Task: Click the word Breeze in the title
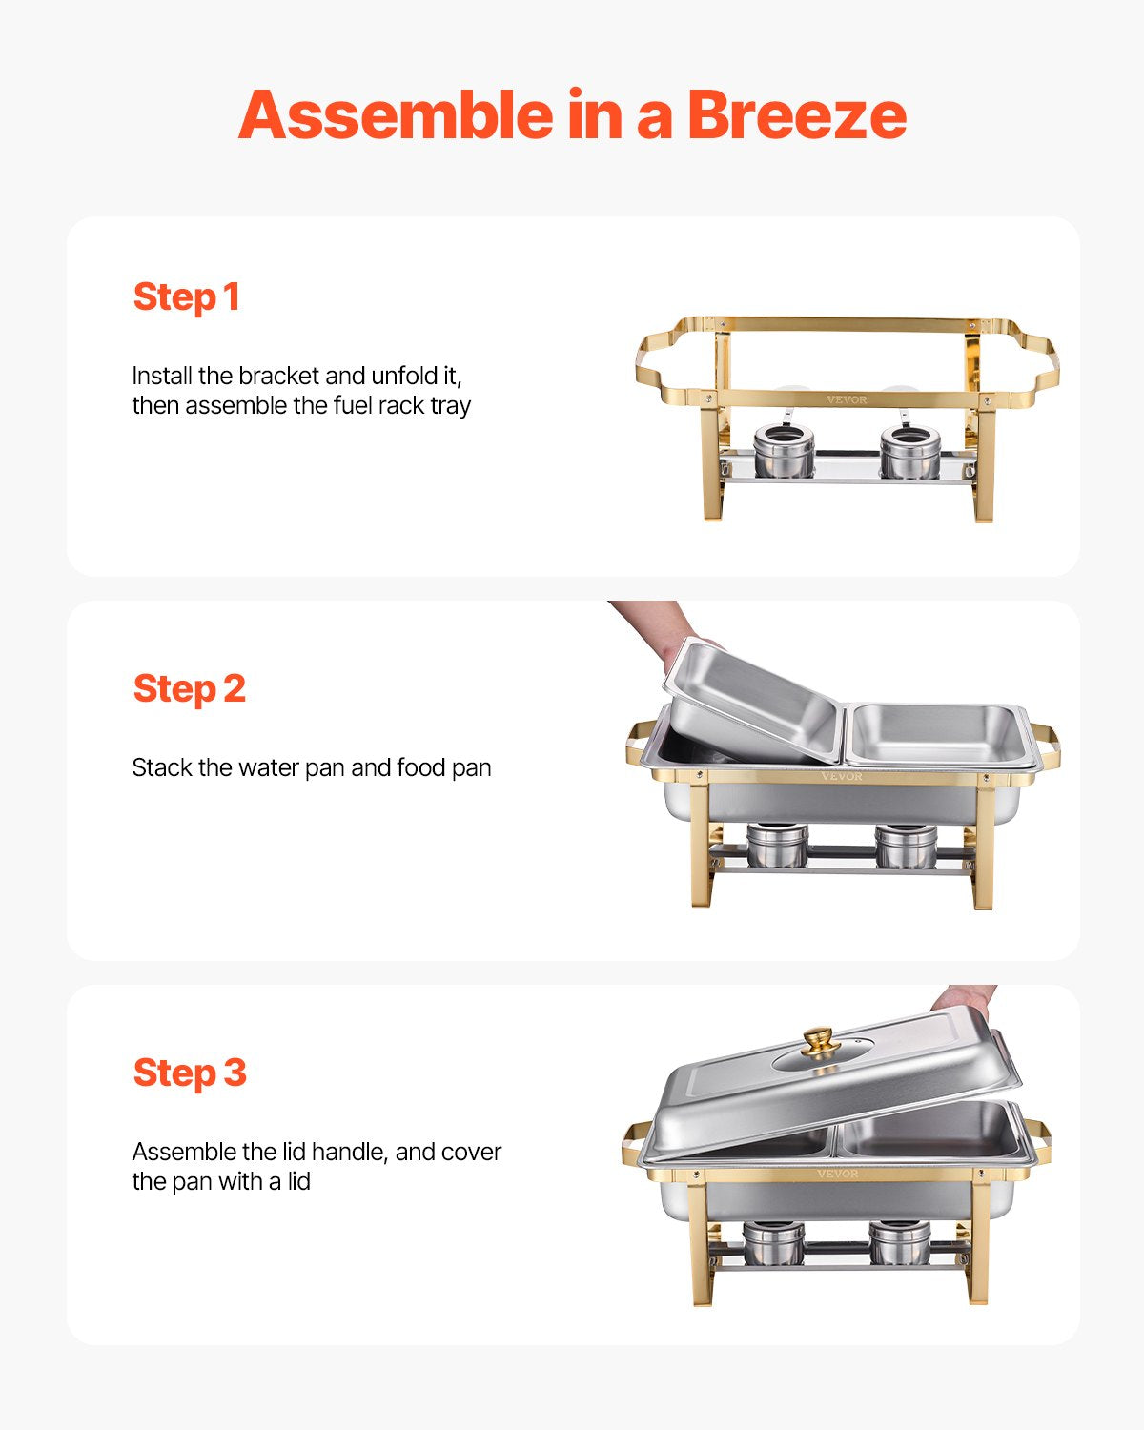(x=796, y=115)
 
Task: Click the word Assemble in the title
(x=396, y=115)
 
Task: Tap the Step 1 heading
(x=186, y=296)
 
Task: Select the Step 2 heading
(x=189, y=688)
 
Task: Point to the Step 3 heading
(x=189, y=1072)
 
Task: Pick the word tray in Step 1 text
(x=450, y=406)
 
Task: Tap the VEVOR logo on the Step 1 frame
(x=847, y=399)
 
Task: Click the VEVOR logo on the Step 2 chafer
(x=841, y=776)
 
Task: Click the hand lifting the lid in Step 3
(x=963, y=998)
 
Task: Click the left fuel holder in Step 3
(x=773, y=1242)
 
